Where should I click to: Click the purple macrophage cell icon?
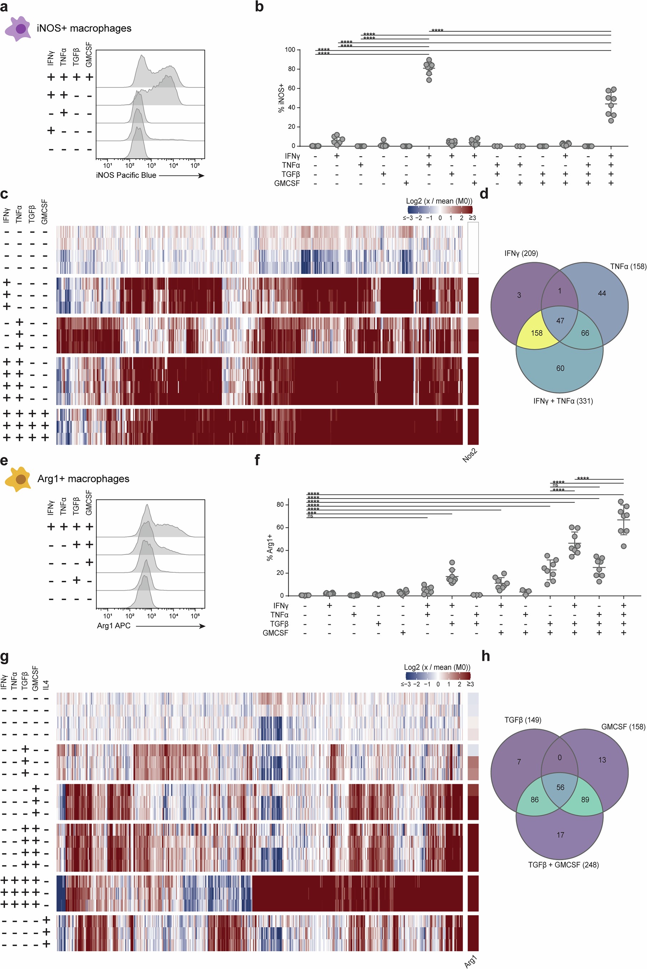pos(18,29)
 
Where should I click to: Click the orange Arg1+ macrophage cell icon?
pos(18,479)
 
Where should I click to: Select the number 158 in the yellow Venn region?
pos(536,333)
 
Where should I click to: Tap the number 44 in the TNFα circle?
pos(602,293)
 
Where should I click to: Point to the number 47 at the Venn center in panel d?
pos(560,321)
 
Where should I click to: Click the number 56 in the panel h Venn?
pos(560,787)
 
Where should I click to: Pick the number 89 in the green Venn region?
pos(585,800)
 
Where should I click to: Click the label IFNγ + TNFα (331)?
pos(563,401)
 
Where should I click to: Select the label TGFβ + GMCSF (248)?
pos(563,865)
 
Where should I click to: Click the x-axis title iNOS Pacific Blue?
pos(126,175)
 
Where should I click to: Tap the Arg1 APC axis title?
pos(113,626)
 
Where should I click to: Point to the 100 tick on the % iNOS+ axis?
pos(290,50)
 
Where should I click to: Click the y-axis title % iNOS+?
pos(281,98)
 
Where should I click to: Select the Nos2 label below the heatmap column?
pos(470,455)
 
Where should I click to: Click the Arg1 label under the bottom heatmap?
pos(470,961)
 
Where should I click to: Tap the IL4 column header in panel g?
pos(46,685)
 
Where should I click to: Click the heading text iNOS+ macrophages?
pos(84,29)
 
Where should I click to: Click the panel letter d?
pos(484,193)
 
